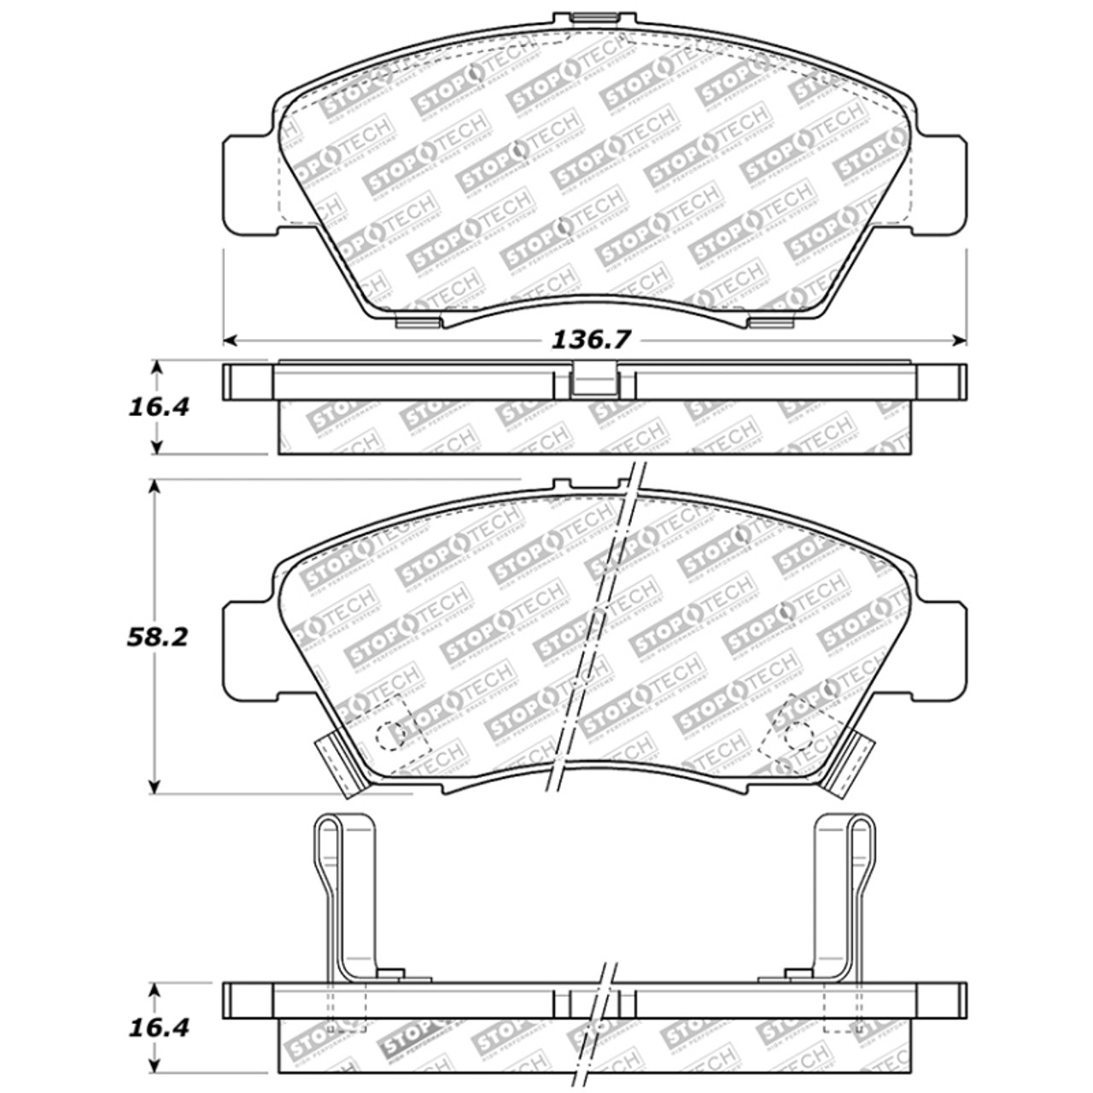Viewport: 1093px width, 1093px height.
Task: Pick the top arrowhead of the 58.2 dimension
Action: click(155, 486)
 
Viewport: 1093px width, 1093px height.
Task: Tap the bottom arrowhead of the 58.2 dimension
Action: click(155, 787)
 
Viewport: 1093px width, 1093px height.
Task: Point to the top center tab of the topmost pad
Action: click(586, 17)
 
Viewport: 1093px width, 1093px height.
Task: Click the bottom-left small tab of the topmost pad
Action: click(420, 322)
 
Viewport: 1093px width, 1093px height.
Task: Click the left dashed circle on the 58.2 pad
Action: click(389, 734)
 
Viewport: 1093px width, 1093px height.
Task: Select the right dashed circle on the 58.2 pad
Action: click(799, 733)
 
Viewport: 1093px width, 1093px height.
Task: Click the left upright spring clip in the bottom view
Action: click(346, 897)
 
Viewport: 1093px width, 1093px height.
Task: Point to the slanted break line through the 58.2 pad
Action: click(598, 632)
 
